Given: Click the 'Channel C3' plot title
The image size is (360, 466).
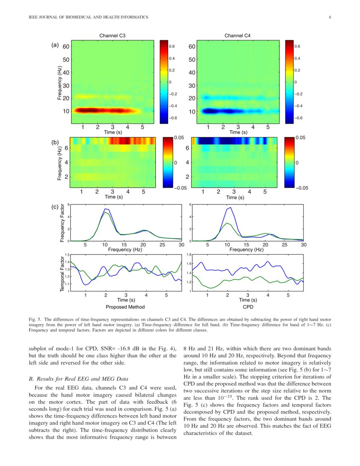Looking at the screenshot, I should pos(112,35).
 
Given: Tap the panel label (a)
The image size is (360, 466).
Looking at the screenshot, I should pos(55,44).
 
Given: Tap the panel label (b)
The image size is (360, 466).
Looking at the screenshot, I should pos(55,143).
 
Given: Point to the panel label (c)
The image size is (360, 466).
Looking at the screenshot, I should pos(55,207).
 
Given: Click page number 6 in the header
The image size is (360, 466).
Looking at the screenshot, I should pos(330,17).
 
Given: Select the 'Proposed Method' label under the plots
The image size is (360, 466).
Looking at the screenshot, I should pos(125,307).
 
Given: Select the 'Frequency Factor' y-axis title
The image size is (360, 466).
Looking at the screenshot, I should pos(62,223).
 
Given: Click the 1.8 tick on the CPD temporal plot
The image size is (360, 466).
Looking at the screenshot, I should pos(190,255).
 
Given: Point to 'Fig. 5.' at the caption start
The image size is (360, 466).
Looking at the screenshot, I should pos(34,318).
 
